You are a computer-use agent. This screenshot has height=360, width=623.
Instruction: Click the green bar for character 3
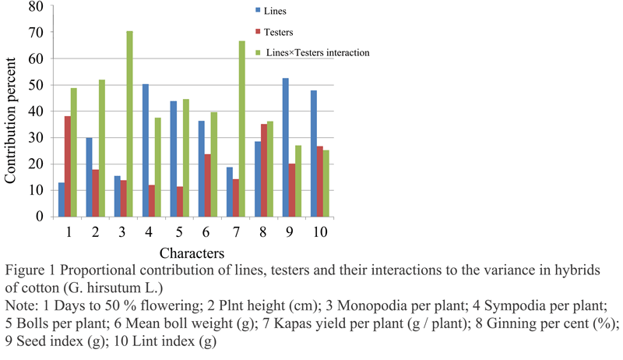(x=129, y=124)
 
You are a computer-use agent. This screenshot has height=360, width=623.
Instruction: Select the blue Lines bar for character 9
(x=286, y=147)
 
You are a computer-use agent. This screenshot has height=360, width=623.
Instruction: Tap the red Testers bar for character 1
(x=68, y=167)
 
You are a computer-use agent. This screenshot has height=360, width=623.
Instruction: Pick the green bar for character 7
(x=242, y=129)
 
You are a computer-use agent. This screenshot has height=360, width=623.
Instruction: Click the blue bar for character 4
(x=146, y=150)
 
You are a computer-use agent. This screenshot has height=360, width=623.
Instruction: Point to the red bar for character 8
(x=264, y=171)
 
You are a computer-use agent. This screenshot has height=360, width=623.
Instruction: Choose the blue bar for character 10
(x=314, y=154)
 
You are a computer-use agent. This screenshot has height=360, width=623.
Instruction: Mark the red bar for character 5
(x=180, y=202)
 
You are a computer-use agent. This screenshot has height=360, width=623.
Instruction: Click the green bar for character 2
(x=102, y=148)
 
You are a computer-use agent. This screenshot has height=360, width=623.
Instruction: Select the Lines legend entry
(x=270, y=11)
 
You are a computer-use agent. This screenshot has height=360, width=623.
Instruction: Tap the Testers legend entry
(x=274, y=32)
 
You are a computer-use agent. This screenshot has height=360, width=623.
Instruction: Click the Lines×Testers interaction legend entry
(x=313, y=52)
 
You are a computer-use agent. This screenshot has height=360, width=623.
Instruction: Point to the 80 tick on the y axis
(x=36, y=6)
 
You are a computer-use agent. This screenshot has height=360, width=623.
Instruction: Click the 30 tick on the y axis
(x=36, y=138)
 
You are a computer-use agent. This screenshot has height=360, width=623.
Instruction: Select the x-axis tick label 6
(x=206, y=231)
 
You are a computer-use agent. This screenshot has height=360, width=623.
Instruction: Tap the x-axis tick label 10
(x=320, y=231)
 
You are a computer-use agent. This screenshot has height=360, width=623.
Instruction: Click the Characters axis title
(x=192, y=253)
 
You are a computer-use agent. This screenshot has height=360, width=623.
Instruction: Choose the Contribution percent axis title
(x=10, y=121)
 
